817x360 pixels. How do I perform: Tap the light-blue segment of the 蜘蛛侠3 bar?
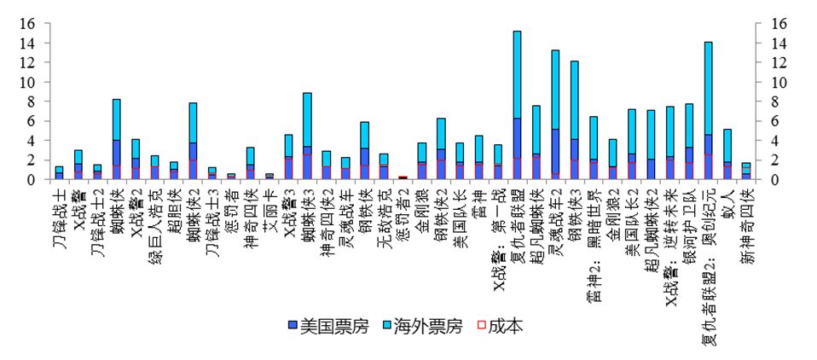pyautogui.click(x=307, y=119)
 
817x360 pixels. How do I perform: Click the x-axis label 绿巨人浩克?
pyautogui.click(x=155, y=221)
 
